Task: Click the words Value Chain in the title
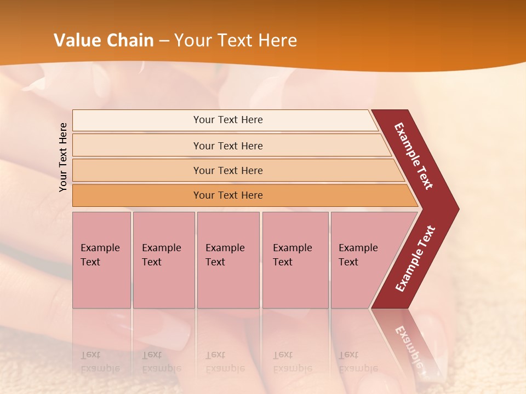pos(104,40)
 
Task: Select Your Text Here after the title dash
pos(236,40)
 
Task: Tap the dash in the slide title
pos(164,41)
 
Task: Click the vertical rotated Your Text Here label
pos(63,157)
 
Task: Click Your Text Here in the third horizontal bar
pos(228,171)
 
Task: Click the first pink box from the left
pos(101,260)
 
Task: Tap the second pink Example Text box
pos(163,260)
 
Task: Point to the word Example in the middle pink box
pos(225,248)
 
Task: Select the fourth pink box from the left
pos(295,260)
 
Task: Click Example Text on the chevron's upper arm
pos(414,156)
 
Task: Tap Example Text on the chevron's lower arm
pos(415,259)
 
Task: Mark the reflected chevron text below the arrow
pos(410,350)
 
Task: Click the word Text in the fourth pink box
pos(283,262)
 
